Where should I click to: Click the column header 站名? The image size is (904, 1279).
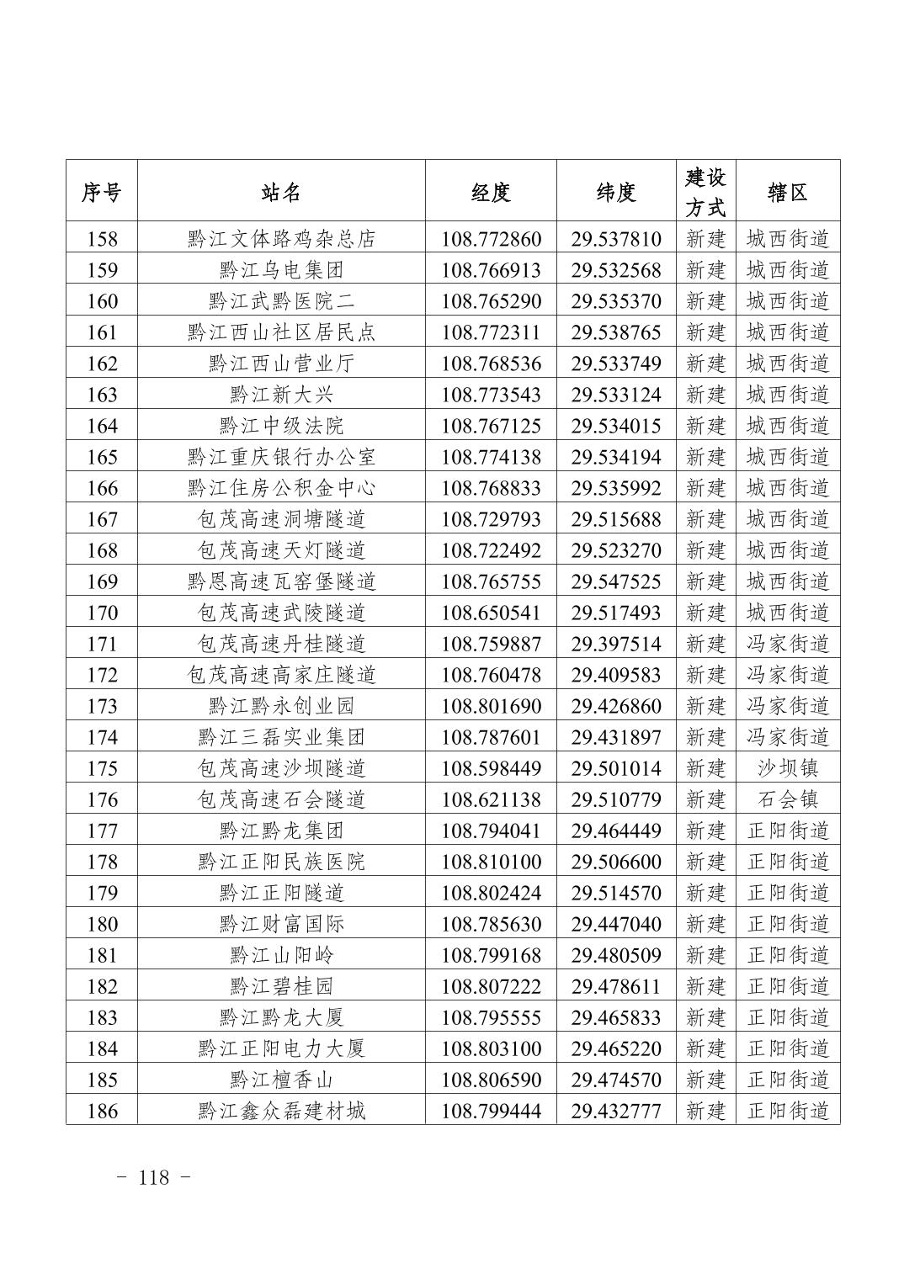tap(281, 193)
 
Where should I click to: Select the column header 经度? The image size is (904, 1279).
tap(491, 193)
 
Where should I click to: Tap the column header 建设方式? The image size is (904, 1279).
tap(705, 193)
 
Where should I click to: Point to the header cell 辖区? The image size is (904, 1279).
tap(788, 193)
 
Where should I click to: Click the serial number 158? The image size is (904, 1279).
tap(102, 239)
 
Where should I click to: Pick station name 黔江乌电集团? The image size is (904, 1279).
tap(281, 270)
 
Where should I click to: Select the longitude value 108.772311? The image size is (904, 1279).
tap(491, 332)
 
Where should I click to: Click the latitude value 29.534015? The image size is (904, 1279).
tap(616, 426)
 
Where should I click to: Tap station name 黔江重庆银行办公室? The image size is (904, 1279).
tap(281, 457)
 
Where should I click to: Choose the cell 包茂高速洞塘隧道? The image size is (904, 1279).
tap(281, 519)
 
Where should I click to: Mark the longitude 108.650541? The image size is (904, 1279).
tap(491, 613)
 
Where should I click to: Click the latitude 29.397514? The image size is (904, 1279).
tap(616, 644)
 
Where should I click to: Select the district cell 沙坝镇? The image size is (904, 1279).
tap(788, 768)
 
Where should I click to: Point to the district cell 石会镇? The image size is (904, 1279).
tap(788, 799)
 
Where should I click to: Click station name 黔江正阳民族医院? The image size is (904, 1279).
tap(281, 862)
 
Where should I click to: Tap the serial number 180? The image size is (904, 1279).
tap(102, 924)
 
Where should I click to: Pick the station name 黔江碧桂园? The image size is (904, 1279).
tap(281, 986)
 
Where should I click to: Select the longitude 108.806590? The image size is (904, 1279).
tap(491, 1080)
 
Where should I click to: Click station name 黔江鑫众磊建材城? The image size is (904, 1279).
tap(281, 1111)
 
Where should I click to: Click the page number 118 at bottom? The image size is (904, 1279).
tap(154, 1177)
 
